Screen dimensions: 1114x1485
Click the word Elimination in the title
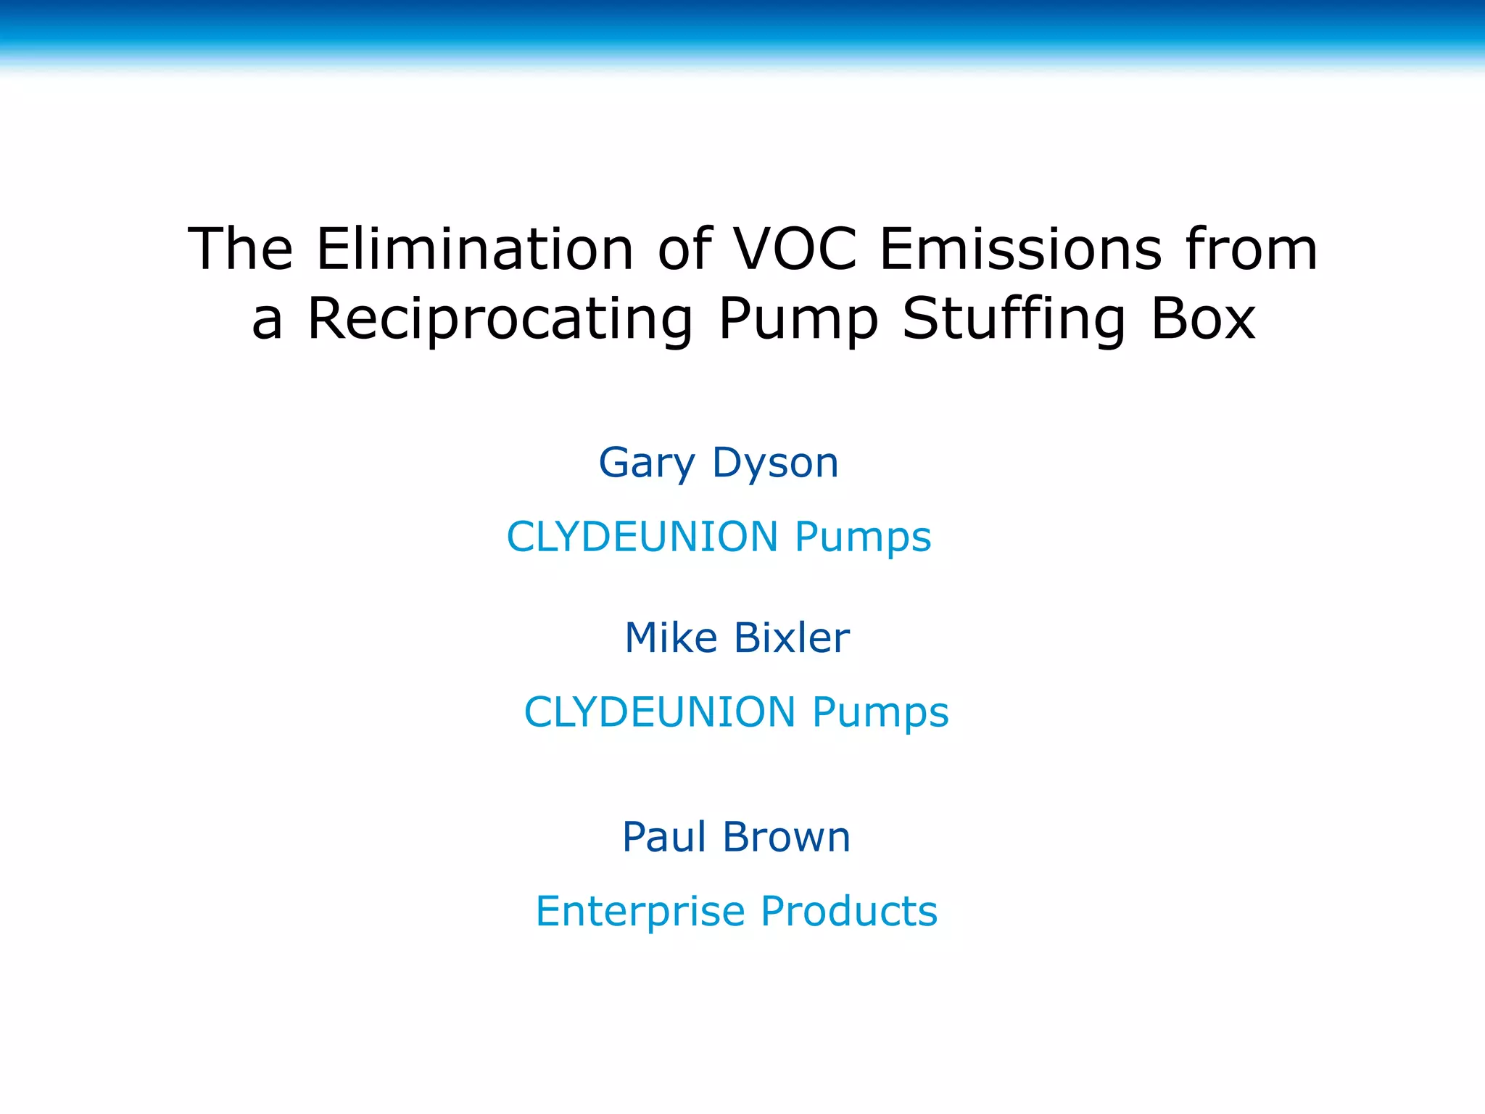[x=475, y=249]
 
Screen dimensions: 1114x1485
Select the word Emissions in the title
[x=1021, y=249]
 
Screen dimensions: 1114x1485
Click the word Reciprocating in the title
[x=500, y=319]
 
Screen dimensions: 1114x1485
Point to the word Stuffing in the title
[x=1014, y=319]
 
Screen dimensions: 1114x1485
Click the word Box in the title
[x=1203, y=319]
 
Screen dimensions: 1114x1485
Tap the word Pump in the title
[x=798, y=319]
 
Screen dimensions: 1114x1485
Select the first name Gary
[x=647, y=463]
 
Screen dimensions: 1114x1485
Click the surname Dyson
[x=775, y=463]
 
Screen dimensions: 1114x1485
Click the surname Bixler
[x=792, y=638]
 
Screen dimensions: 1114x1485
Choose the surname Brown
[x=787, y=837]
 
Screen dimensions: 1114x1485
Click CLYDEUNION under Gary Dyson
[x=642, y=537]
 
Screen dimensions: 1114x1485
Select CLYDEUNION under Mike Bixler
[x=660, y=712]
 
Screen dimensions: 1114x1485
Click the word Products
[x=849, y=911]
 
